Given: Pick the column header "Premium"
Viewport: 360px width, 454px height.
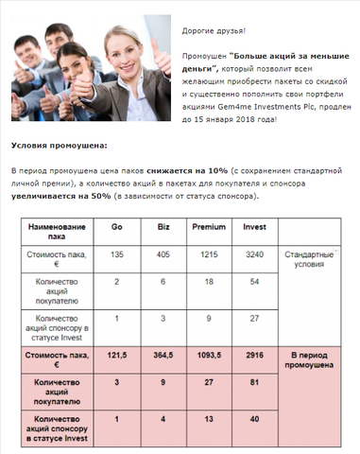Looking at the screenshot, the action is click(209, 228).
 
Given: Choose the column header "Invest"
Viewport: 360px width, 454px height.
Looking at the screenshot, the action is click(254, 228).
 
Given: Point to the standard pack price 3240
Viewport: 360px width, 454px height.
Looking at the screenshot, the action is click(254, 255).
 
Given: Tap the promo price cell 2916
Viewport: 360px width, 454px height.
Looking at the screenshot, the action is click(254, 358).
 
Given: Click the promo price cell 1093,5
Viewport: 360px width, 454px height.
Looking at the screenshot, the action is click(209, 358).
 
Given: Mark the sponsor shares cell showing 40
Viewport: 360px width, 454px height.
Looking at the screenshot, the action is click(254, 419).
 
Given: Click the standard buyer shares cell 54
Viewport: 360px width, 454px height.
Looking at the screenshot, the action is click(254, 282).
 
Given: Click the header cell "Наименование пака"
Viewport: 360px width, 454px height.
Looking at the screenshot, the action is click(56, 233).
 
